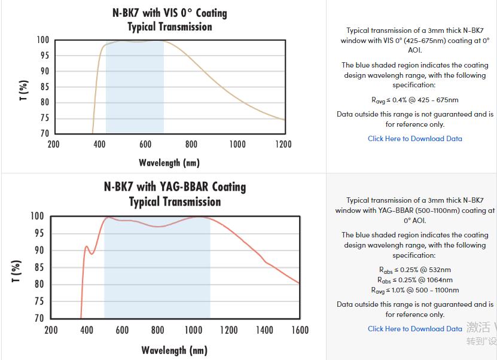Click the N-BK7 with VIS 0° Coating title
click(169, 13)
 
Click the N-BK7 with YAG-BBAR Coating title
click(175, 187)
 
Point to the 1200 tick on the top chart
click(283, 144)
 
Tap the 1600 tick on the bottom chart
click(300, 330)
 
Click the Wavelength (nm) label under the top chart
click(169, 163)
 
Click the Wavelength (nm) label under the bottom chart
click(174, 350)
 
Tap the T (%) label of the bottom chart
click(17, 271)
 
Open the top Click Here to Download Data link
click(414, 139)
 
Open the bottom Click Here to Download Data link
click(414, 328)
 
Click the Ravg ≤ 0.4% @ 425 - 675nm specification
click(414, 100)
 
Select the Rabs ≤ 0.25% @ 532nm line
click(414, 270)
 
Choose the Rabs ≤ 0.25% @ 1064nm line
click(414, 280)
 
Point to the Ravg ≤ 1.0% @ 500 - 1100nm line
click(414, 290)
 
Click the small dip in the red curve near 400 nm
click(92, 254)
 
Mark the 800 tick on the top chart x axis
click(191, 144)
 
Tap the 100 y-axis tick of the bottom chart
click(37, 216)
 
